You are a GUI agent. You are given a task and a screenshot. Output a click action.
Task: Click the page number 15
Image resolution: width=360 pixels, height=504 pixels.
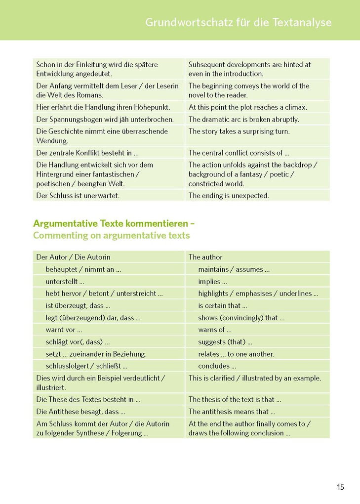click(x=341, y=487)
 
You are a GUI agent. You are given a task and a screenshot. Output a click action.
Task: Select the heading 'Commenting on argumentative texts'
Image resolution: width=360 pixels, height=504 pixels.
click(x=111, y=235)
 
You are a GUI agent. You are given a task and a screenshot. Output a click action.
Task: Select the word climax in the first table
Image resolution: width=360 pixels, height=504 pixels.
click(x=295, y=107)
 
